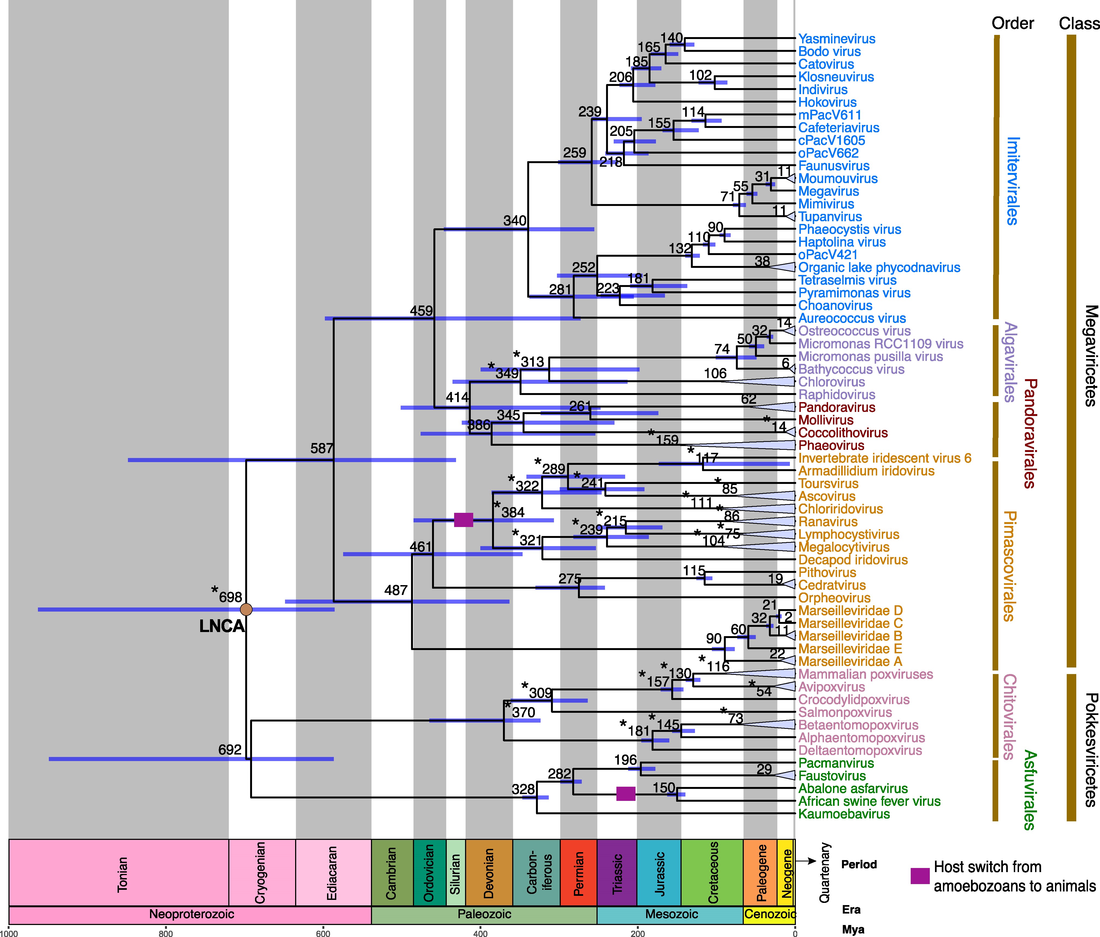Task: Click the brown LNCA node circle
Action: [x=246, y=609]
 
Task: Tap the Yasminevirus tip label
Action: [x=837, y=39]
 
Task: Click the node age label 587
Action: [x=322, y=449]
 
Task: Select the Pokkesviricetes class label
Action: [x=1090, y=750]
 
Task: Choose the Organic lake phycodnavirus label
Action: [x=879, y=268]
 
